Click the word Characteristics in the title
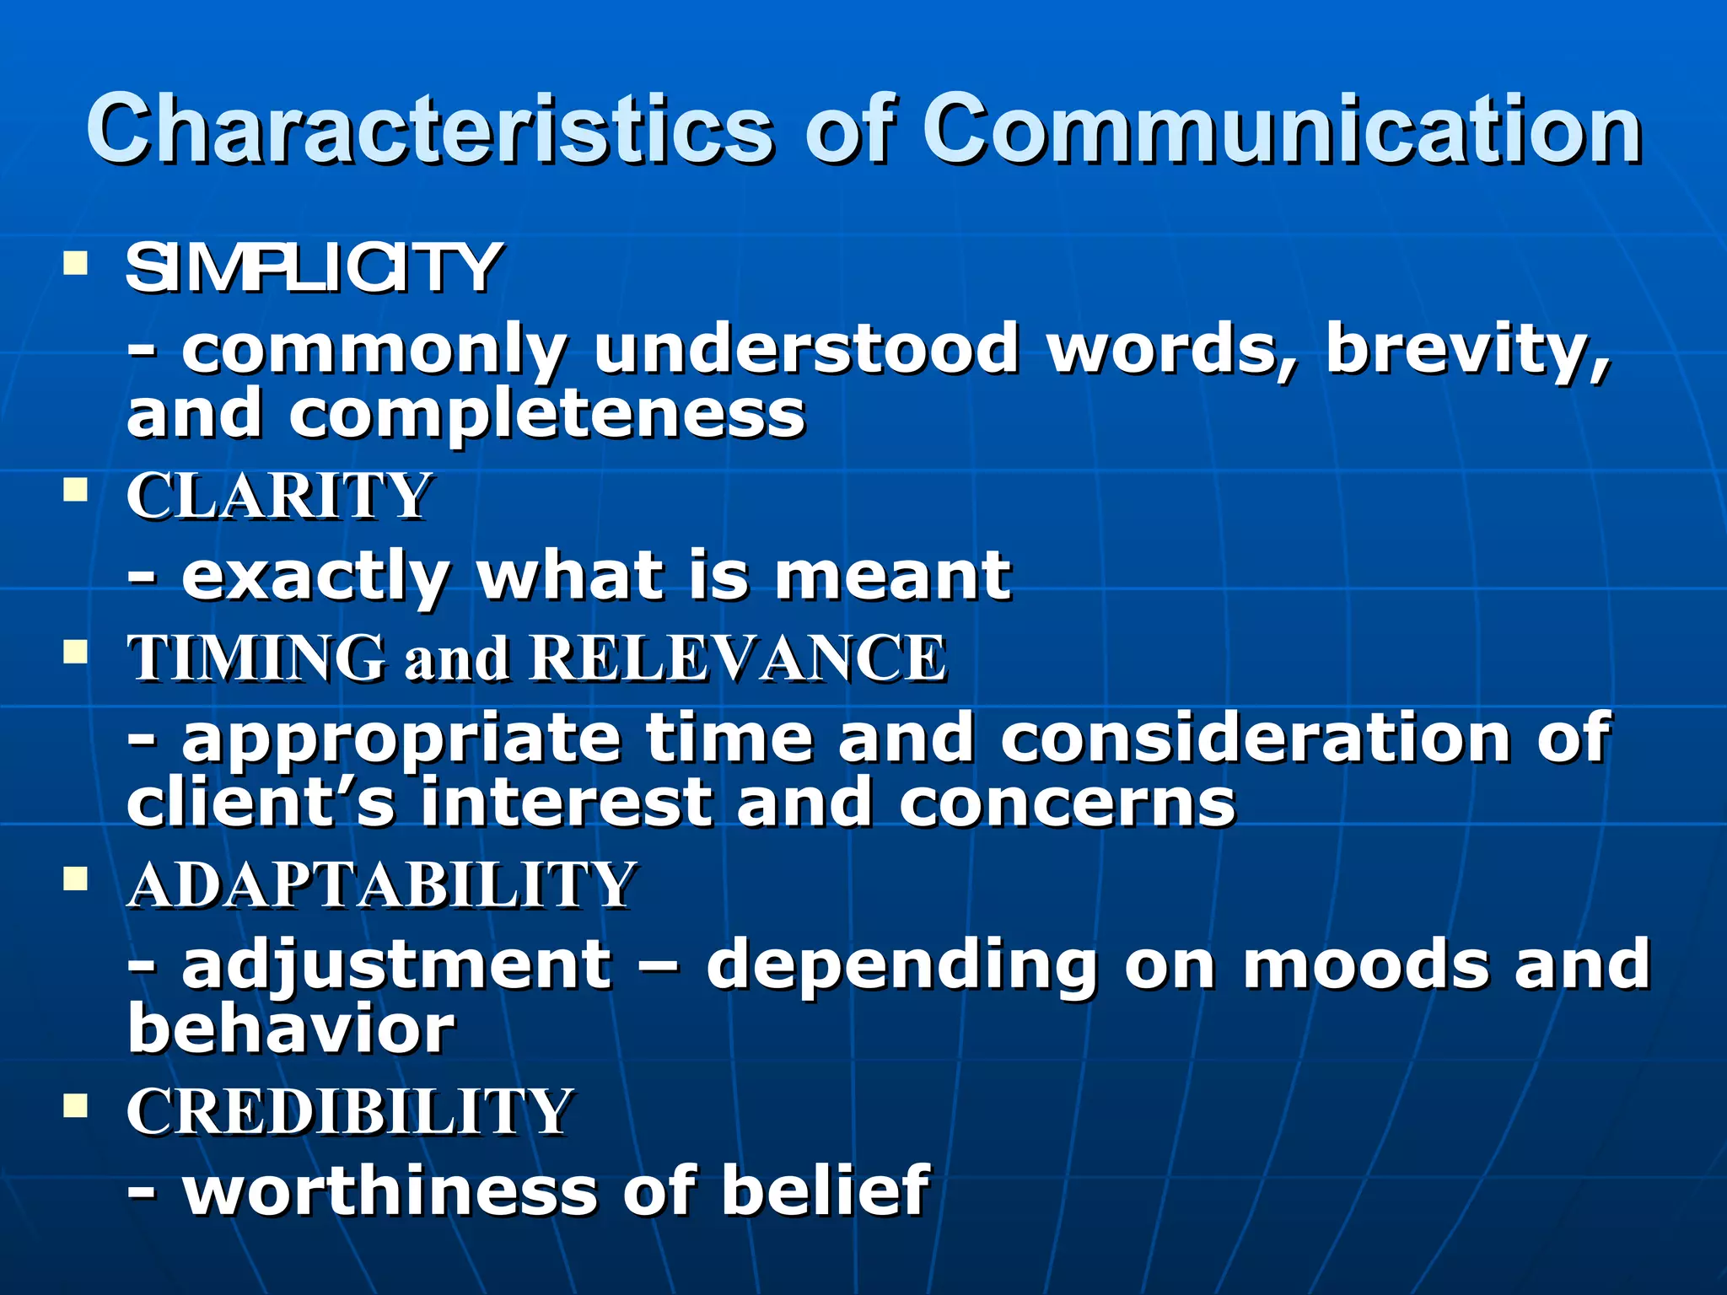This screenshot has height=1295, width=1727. (428, 131)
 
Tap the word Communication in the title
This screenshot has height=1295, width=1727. (1281, 131)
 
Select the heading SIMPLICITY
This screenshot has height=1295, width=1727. (314, 268)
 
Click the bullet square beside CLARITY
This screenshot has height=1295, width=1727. (76, 490)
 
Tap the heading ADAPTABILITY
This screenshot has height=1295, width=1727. (381, 884)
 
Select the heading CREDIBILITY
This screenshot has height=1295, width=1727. (350, 1111)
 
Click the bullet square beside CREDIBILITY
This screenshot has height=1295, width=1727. (76, 1105)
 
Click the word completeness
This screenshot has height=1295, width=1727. (547, 415)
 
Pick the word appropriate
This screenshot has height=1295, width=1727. (401, 739)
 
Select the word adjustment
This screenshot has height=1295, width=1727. (396, 965)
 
